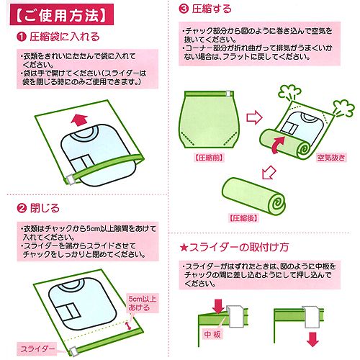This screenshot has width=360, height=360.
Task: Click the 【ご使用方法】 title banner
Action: coord(61,14)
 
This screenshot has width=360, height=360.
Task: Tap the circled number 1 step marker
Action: coord(22,37)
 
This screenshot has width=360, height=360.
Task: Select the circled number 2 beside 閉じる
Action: coord(22,208)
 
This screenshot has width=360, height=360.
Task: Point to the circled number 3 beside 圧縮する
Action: coord(184,9)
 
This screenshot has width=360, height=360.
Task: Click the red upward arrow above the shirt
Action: coord(79,120)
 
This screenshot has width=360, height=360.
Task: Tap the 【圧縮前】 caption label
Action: coord(209,158)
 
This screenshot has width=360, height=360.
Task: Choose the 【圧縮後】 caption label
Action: coord(243,218)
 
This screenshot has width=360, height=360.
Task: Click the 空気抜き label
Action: coord(331,158)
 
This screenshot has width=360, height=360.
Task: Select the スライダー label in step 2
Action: coord(37,349)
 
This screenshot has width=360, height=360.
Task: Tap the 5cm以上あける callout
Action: coord(143,303)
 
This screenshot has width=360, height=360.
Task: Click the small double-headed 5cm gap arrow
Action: coord(129,325)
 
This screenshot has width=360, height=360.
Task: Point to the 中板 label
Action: coord(212,334)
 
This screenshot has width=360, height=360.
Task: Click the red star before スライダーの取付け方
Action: coord(184,248)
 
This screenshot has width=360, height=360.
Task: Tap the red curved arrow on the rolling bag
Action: coord(278,145)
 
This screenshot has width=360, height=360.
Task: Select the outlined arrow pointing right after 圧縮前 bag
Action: coord(255,117)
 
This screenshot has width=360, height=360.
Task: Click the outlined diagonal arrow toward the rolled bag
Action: coord(269,172)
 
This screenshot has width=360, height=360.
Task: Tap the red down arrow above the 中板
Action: coord(218,305)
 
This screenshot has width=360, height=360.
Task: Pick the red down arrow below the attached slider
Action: coord(312,339)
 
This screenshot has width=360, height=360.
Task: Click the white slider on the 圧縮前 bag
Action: coord(228,94)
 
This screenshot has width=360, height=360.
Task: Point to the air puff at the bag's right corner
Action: coord(343,108)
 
